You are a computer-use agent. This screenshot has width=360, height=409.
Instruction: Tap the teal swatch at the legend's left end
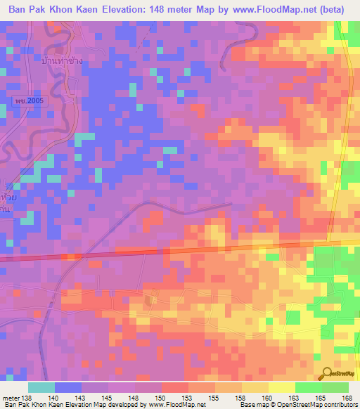(41, 388)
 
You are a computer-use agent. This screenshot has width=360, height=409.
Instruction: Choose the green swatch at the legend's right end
(335, 388)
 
